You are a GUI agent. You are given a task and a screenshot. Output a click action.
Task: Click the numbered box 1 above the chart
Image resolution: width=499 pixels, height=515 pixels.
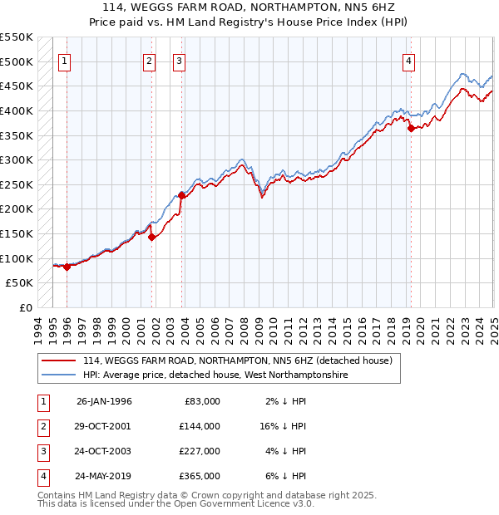pyautogui.click(x=64, y=61)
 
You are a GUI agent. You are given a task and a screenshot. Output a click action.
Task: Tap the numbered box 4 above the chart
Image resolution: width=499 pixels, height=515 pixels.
pyautogui.click(x=409, y=61)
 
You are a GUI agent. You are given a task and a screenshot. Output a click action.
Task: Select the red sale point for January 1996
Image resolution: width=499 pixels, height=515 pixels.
pyautogui.click(x=67, y=267)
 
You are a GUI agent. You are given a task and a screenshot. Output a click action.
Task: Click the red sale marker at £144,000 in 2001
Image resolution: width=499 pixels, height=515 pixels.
pyautogui.click(x=152, y=237)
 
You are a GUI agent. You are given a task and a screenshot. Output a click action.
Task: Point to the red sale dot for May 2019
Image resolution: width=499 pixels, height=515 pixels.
pyautogui.click(x=411, y=128)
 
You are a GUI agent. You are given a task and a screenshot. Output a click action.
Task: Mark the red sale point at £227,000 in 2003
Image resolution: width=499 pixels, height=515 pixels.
pyautogui.click(x=181, y=195)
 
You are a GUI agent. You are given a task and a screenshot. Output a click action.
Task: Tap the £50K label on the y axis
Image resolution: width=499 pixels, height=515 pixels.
pyautogui.click(x=20, y=283)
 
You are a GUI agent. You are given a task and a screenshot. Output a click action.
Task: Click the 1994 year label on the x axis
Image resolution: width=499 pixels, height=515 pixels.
pyautogui.click(x=38, y=329)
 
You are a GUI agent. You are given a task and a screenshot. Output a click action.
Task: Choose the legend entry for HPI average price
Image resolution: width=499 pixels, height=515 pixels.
pyautogui.click(x=215, y=375)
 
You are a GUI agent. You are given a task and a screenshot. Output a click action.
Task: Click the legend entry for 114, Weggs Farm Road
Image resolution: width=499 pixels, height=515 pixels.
pyautogui.click(x=231, y=360)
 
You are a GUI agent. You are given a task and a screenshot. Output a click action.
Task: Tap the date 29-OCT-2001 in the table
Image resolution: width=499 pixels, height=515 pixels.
pyautogui.click(x=104, y=426)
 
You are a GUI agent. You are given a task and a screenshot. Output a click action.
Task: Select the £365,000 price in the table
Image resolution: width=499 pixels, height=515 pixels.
pyautogui.click(x=200, y=476)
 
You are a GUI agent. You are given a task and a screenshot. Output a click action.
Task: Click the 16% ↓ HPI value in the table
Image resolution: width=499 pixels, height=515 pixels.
pyautogui.click(x=283, y=426)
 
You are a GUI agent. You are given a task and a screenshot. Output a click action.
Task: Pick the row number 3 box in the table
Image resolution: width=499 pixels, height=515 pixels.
pyautogui.click(x=42, y=451)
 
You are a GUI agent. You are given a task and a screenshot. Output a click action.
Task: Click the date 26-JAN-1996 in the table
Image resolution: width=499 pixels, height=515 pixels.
pyautogui.click(x=104, y=401)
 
